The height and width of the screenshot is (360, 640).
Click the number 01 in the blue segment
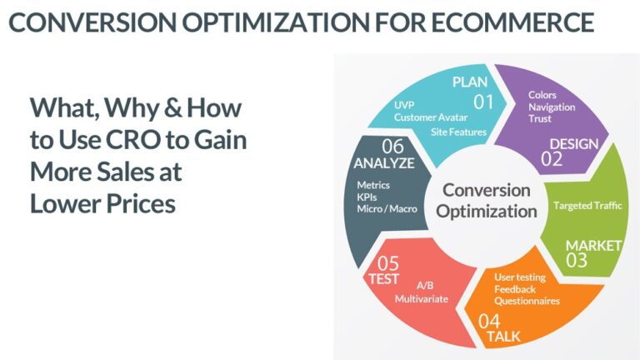coord(484,102)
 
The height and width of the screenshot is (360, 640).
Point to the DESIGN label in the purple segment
coord(573,143)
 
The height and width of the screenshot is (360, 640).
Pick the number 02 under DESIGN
coord(552,159)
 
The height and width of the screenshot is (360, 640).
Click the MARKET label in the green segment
coord(593,245)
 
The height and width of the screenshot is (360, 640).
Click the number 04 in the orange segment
coord(490,320)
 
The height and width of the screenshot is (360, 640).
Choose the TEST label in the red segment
coord(384,278)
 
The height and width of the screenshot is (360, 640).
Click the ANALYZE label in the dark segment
coord(383,162)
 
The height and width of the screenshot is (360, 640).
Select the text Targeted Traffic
coord(587,204)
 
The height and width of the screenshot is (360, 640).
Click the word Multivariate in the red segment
coord(422,297)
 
